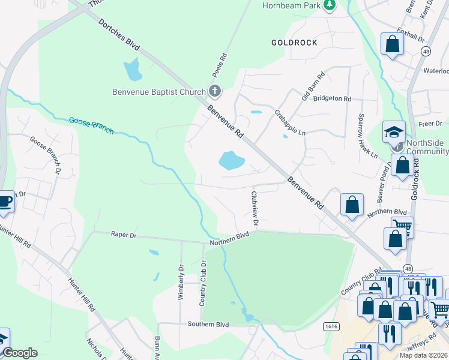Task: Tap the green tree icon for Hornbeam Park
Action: click(329, 5)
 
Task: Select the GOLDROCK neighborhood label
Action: click(294, 43)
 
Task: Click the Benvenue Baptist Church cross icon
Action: click(214, 92)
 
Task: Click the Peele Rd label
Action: click(220, 65)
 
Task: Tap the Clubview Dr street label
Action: click(255, 209)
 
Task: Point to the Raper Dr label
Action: click(124, 236)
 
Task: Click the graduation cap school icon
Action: click(394, 131)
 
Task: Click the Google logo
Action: click(19, 353)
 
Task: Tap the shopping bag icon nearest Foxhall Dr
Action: click(392, 44)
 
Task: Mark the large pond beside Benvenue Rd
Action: click(232, 160)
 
